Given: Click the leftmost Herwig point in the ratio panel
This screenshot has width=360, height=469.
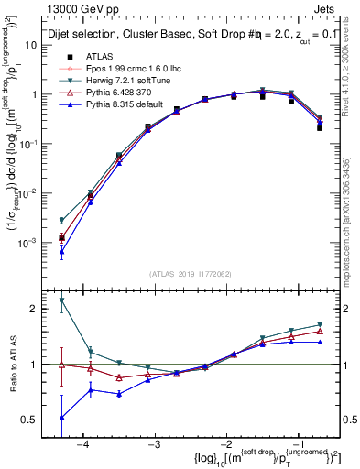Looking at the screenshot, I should (61, 300).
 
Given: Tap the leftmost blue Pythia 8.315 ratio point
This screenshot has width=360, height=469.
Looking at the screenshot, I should (61, 417).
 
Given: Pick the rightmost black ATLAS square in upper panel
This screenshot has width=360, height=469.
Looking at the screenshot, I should (320, 128).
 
